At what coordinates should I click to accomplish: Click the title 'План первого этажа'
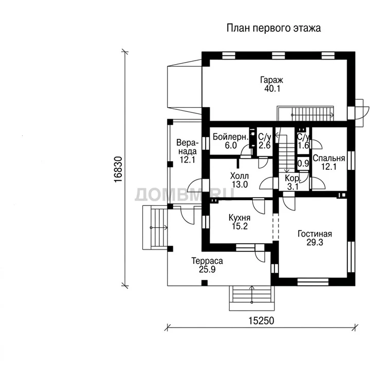(x=273, y=28)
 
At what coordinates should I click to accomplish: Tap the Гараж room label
(x=271, y=80)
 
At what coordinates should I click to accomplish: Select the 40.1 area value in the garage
(x=272, y=89)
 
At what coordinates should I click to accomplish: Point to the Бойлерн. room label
(x=231, y=137)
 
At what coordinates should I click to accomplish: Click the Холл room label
(x=239, y=176)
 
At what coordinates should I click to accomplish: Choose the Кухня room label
(x=239, y=218)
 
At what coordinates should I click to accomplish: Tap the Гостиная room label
(x=314, y=234)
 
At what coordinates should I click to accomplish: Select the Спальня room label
(x=329, y=158)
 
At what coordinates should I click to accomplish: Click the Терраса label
(x=207, y=261)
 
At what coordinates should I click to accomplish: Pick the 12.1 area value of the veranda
(x=188, y=160)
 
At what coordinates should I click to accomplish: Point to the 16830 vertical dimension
(x=118, y=169)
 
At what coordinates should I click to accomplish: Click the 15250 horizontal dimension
(x=261, y=321)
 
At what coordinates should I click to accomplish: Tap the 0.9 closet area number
(x=303, y=163)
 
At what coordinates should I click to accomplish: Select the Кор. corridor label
(x=293, y=179)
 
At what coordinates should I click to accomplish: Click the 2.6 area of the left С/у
(x=264, y=145)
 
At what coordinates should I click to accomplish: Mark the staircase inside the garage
(x=305, y=114)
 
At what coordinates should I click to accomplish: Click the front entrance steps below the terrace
(x=252, y=298)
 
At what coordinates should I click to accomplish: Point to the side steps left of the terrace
(x=155, y=227)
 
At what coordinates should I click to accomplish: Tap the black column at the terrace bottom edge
(x=205, y=283)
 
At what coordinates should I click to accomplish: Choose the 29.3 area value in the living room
(x=314, y=242)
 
